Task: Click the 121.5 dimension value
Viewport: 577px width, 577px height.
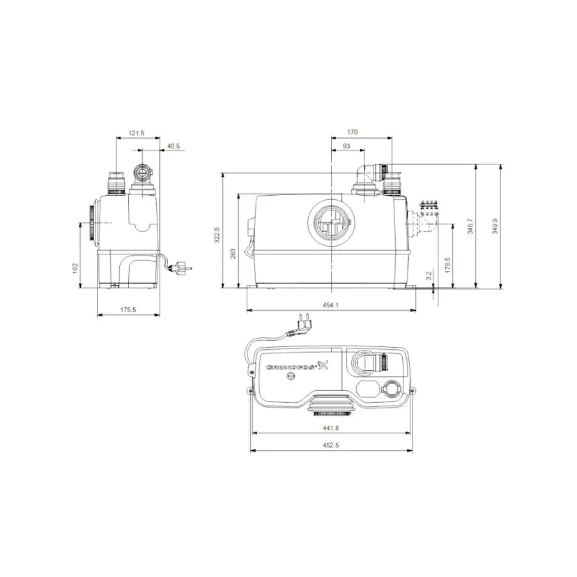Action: click(x=136, y=133)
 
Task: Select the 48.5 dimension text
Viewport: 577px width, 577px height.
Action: click(x=174, y=146)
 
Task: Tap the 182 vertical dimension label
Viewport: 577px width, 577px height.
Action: click(x=75, y=269)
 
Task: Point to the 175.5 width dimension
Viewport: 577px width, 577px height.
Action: click(x=127, y=310)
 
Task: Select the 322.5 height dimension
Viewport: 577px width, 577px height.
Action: click(x=216, y=235)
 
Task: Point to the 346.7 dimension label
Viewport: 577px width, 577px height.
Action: click(x=470, y=226)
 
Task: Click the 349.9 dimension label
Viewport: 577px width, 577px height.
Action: click(x=495, y=226)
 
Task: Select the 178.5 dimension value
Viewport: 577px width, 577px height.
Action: click(x=448, y=265)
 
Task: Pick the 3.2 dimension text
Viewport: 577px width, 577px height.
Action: click(x=429, y=276)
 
